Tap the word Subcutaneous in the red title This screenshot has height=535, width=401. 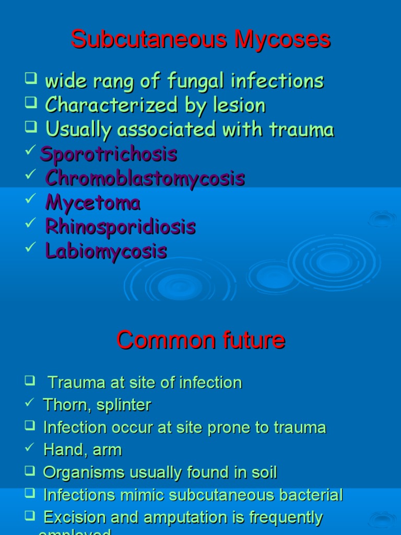click(x=152, y=40)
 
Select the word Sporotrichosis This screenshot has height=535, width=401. click(x=109, y=154)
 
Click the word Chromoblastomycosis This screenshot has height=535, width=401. click(x=145, y=178)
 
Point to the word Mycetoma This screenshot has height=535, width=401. click(x=93, y=202)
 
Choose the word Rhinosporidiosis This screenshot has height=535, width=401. click(x=120, y=227)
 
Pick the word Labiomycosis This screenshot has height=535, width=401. click(x=106, y=251)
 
